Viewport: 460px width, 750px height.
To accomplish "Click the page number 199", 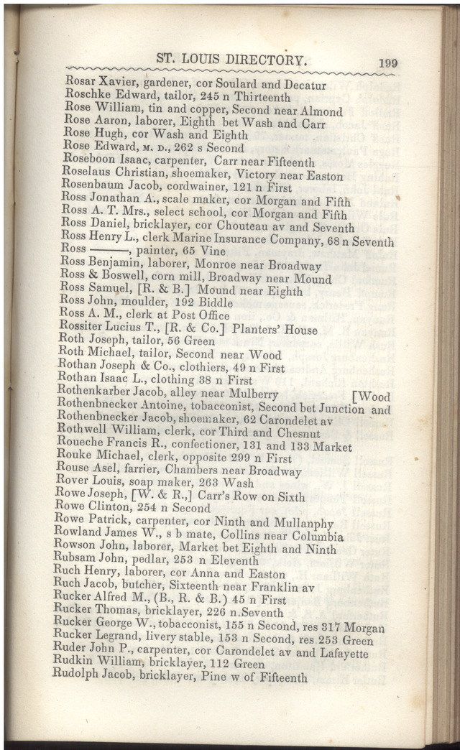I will click(x=387, y=62).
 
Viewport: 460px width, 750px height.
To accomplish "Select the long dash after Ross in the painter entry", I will click(x=110, y=252).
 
